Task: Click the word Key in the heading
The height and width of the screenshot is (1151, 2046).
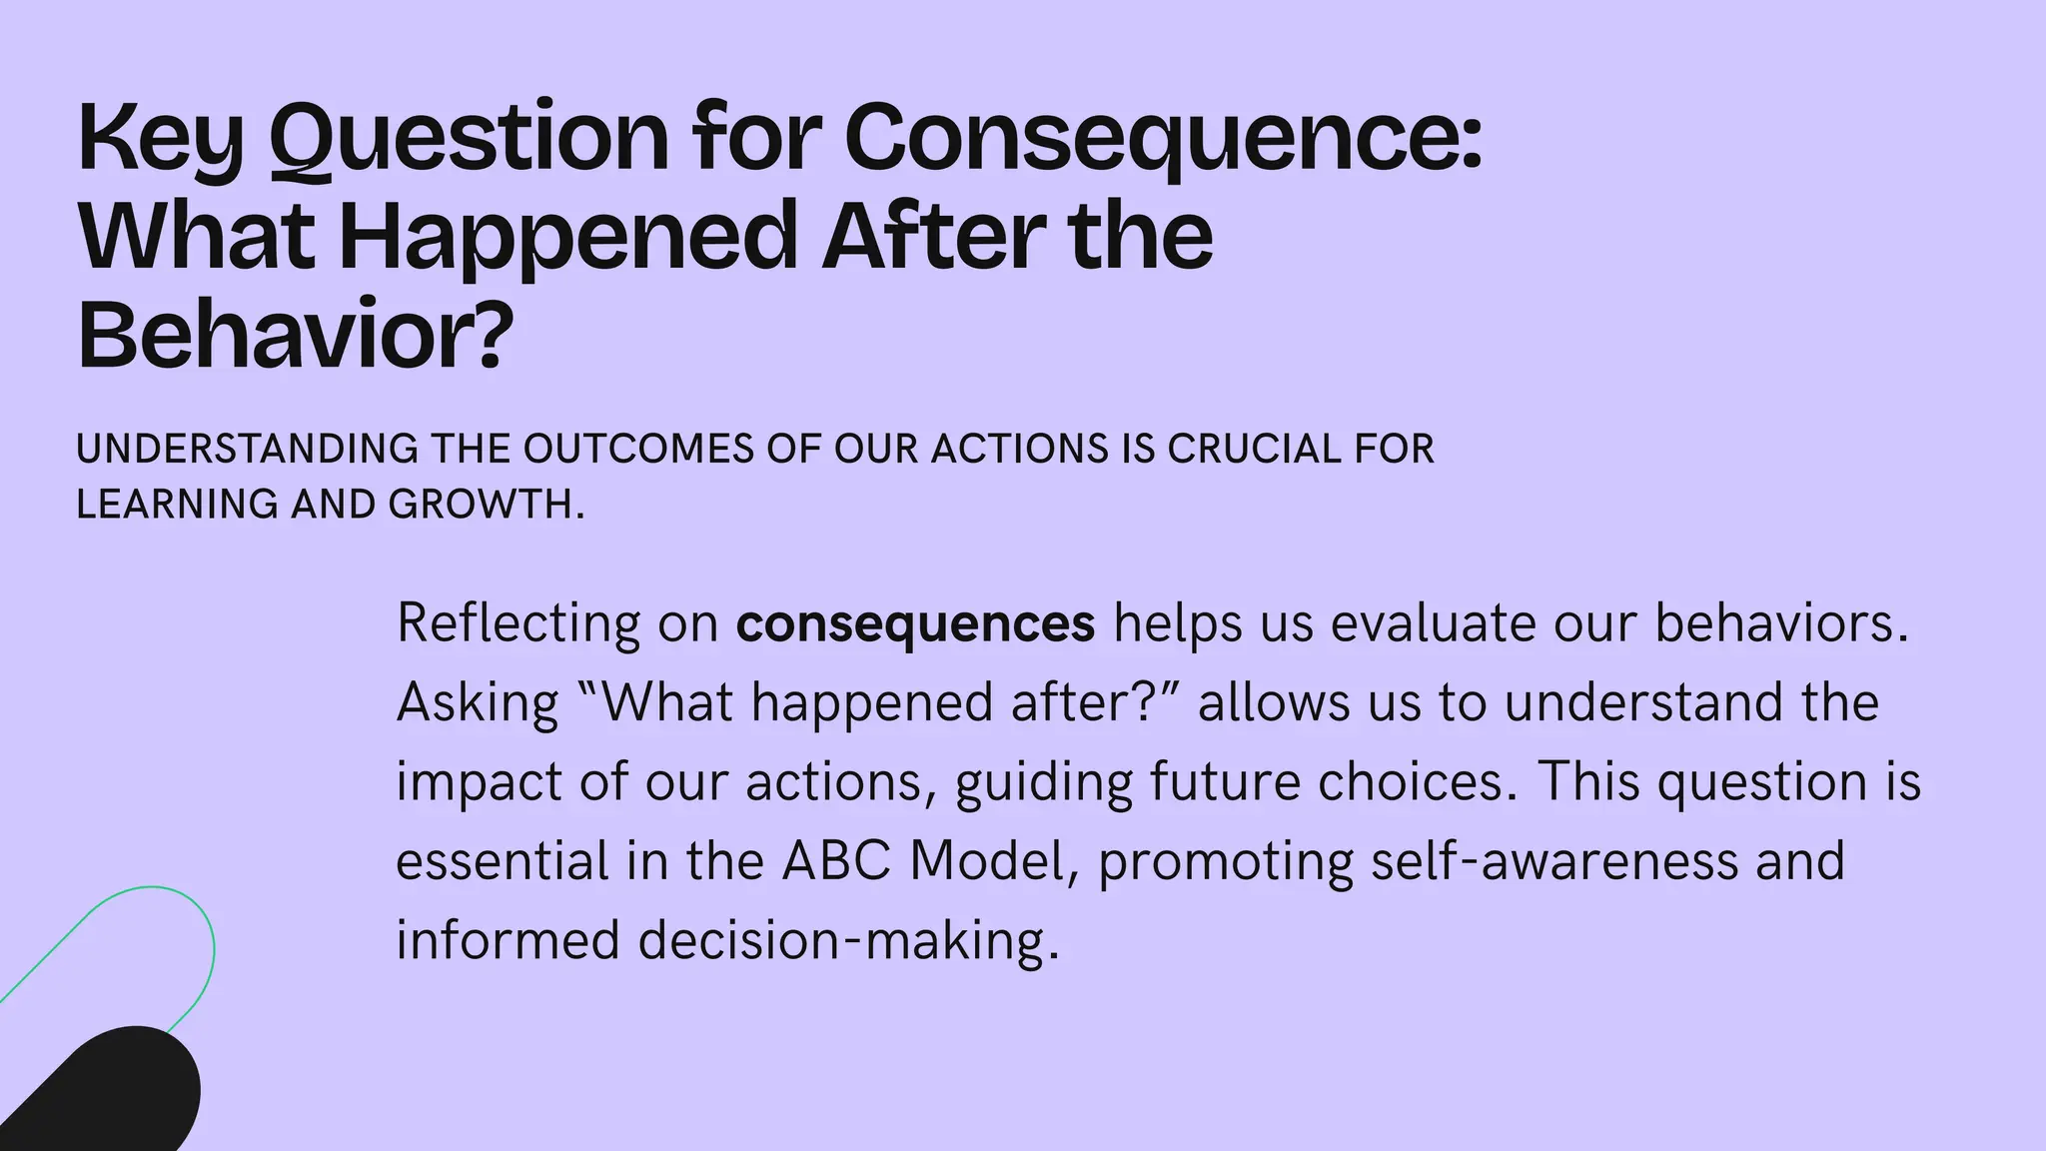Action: (x=160, y=139)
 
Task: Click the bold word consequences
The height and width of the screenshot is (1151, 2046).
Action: (x=915, y=623)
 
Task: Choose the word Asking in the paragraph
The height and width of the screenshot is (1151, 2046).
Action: (x=478, y=702)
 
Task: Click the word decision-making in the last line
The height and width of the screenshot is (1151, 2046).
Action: (x=848, y=940)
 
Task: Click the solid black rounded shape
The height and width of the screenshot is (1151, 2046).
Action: (x=110, y=1094)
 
